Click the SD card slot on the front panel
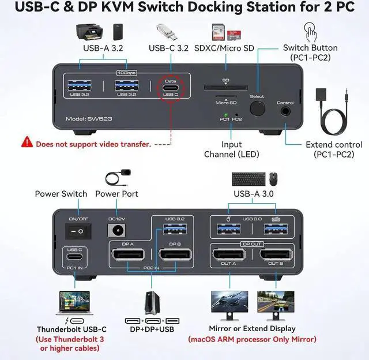pos(225,88)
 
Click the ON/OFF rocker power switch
pos(77,231)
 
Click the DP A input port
pos(129,255)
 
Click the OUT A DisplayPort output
pos(228,256)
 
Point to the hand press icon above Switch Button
pos(310,30)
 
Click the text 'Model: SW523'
pos(86,118)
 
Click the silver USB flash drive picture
pos(163,31)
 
